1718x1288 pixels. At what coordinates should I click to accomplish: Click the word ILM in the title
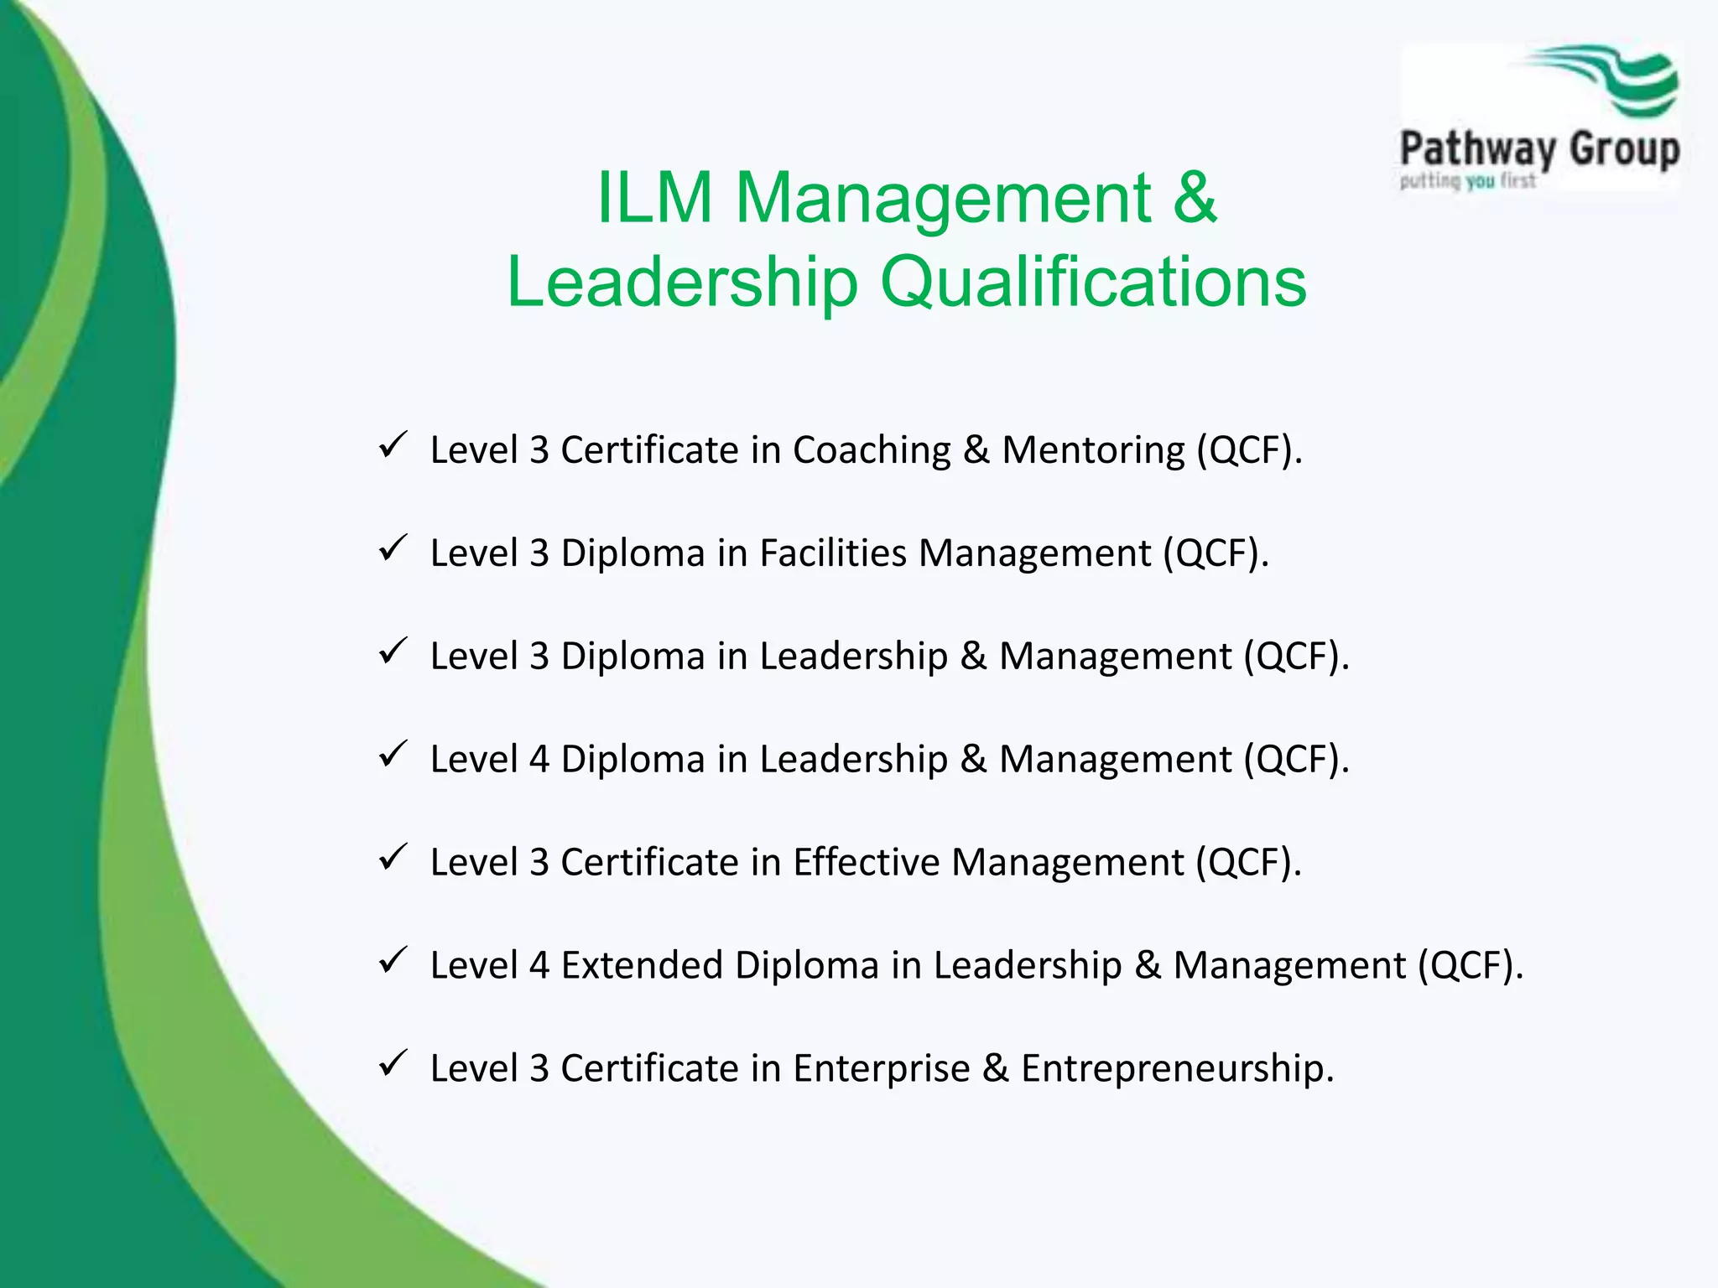click(654, 198)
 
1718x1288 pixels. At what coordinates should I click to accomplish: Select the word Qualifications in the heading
click(1093, 282)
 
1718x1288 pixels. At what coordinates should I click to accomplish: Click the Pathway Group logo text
click(1539, 149)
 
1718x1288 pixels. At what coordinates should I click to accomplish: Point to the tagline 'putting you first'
click(1467, 181)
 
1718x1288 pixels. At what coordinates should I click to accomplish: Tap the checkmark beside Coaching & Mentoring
click(392, 445)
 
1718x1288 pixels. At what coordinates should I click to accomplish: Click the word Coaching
click(872, 450)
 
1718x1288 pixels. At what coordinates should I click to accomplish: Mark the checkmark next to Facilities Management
click(392, 548)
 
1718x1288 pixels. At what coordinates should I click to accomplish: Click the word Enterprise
click(882, 1069)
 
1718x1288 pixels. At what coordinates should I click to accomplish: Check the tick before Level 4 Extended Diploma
click(392, 961)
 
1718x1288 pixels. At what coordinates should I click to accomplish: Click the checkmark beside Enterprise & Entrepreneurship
click(392, 1064)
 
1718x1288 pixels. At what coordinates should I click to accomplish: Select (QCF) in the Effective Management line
click(1244, 862)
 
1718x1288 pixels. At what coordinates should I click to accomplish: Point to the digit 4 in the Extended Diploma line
click(539, 965)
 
